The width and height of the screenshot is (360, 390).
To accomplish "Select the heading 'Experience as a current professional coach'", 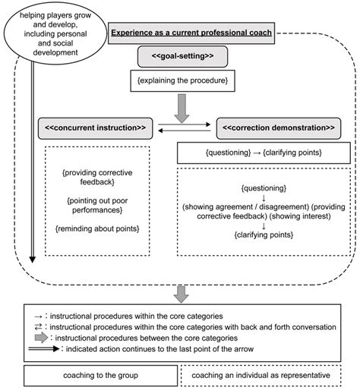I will tap(191, 33).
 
